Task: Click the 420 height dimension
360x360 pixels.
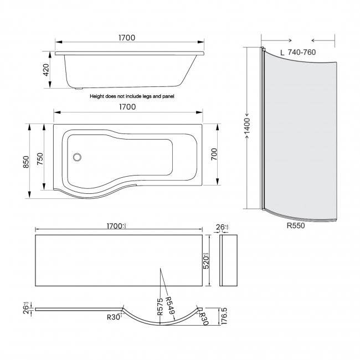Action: tap(47, 70)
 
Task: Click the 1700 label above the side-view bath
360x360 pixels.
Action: tap(126, 38)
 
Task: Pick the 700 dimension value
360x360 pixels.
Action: tap(214, 156)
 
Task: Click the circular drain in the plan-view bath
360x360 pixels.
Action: tap(78, 157)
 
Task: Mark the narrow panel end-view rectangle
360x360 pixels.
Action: tap(228, 260)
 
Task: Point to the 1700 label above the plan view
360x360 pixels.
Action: tap(126, 107)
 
